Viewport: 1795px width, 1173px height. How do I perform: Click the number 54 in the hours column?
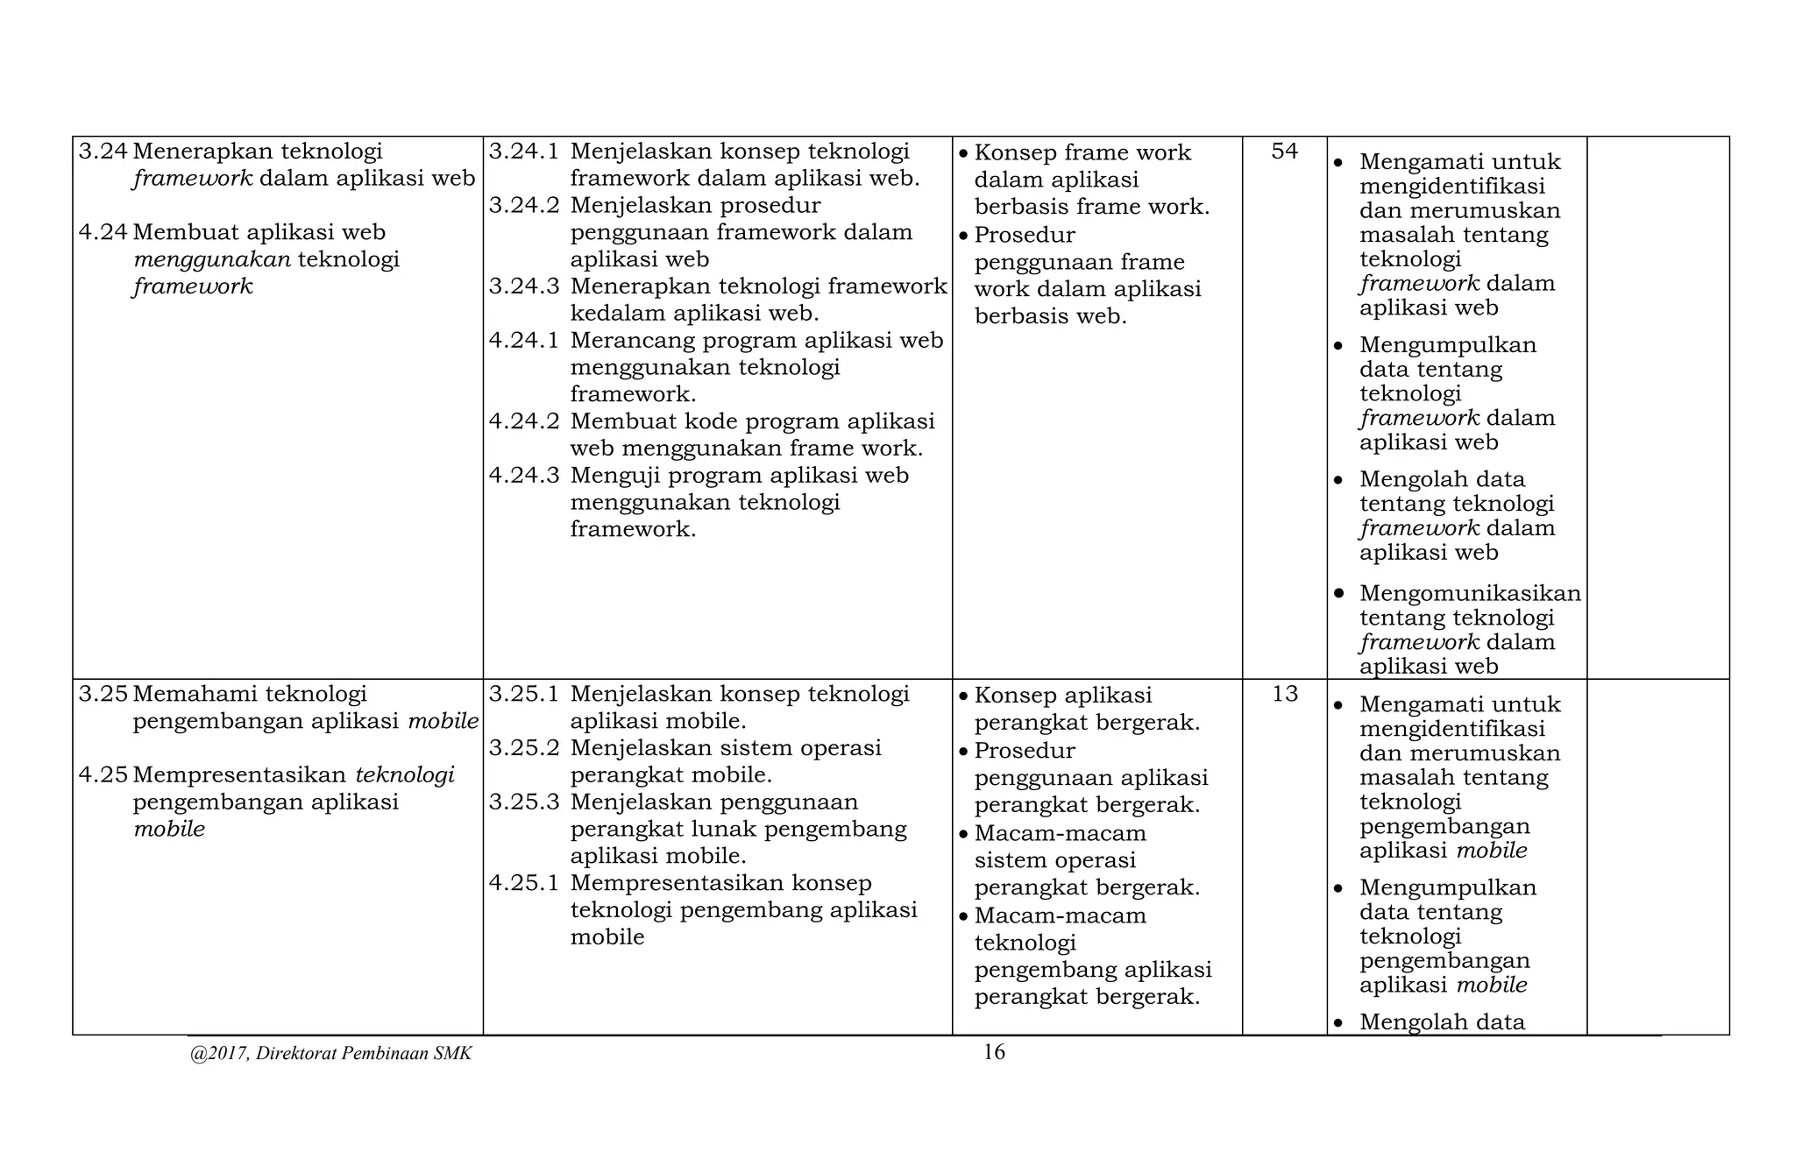pyautogui.click(x=1284, y=152)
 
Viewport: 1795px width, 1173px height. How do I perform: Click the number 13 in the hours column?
pyautogui.click(x=1284, y=695)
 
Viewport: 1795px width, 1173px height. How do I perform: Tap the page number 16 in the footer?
pyautogui.click(x=994, y=1052)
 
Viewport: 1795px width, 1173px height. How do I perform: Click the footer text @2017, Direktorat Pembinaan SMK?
pyautogui.click(x=330, y=1054)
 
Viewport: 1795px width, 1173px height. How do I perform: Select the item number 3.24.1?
pyautogui.click(x=523, y=152)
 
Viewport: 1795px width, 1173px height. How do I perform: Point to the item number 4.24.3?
pyautogui.click(x=523, y=476)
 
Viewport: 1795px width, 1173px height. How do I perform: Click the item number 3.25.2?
pyautogui.click(x=523, y=748)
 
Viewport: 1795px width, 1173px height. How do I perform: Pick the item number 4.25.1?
pyautogui.click(x=523, y=883)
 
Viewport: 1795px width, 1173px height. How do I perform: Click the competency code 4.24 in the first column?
pyautogui.click(x=103, y=232)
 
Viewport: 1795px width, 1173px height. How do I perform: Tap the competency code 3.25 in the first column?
pyautogui.click(x=103, y=695)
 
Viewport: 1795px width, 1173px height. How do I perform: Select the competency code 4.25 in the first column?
pyautogui.click(x=103, y=775)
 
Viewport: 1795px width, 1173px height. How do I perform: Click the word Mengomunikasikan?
pyautogui.click(x=1470, y=593)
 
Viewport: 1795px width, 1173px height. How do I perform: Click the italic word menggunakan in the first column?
pyautogui.click(x=212, y=259)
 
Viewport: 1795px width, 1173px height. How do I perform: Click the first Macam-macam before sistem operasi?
pyautogui.click(x=1060, y=833)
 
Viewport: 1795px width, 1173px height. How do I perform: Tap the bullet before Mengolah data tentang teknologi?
pyautogui.click(x=1338, y=480)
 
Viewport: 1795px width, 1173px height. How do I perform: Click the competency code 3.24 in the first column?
pyautogui.click(x=103, y=152)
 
